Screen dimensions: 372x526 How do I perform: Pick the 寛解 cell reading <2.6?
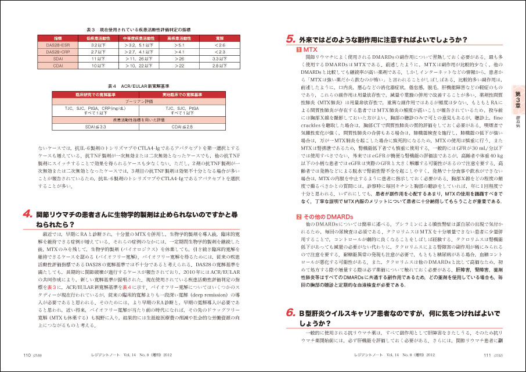click(x=219, y=44)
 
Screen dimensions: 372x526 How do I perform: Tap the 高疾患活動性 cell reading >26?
click(x=179, y=59)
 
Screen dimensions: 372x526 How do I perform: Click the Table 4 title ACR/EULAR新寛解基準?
click(x=138, y=84)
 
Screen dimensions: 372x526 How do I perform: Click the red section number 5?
click(x=291, y=41)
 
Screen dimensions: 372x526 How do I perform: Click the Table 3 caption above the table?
click(x=138, y=28)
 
